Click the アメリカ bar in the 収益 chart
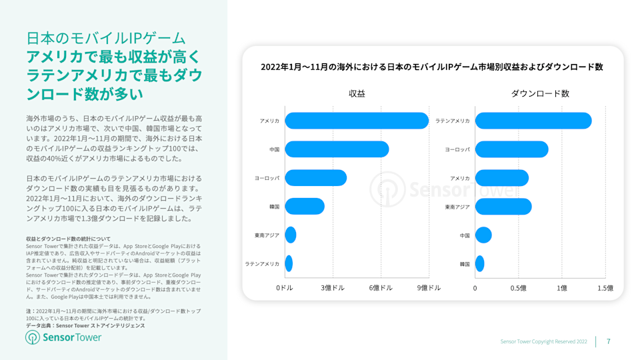click(357, 121)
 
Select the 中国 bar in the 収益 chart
click(337, 149)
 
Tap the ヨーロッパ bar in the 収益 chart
click(315, 178)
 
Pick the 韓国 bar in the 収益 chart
click(305, 207)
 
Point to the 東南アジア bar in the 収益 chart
click(291, 235)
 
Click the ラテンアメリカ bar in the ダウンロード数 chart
click(533, 121)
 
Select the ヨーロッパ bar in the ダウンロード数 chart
click(511, 149)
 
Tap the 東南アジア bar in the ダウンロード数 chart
click(503, 207)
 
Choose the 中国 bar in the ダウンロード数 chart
click(483, 235)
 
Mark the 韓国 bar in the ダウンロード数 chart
click(479, 264)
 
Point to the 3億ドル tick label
click(333, 288)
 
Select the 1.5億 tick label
click(605, 288)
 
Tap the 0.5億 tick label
click(518, 288)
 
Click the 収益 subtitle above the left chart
click(357, 94)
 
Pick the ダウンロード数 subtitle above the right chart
click(540, 94)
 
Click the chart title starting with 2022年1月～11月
click(431, 67)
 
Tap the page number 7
click(608, 341)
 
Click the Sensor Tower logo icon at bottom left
click(33, 337)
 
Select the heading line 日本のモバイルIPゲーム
click(106, 38)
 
